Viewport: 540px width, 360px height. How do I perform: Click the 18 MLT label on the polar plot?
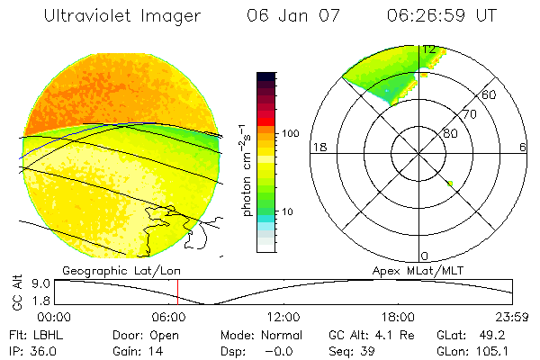pyautogui.click(x=318, y=148)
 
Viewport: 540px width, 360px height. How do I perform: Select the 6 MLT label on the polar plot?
pyautogui.click(x=522, y=148)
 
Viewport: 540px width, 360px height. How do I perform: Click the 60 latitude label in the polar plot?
pyautogui.click(x=490, y=94)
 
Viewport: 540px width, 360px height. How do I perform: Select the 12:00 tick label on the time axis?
pyautogui.click(x=284, y=317)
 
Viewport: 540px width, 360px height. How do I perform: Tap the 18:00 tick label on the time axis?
pyautogui.click(x=399, y=317)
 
